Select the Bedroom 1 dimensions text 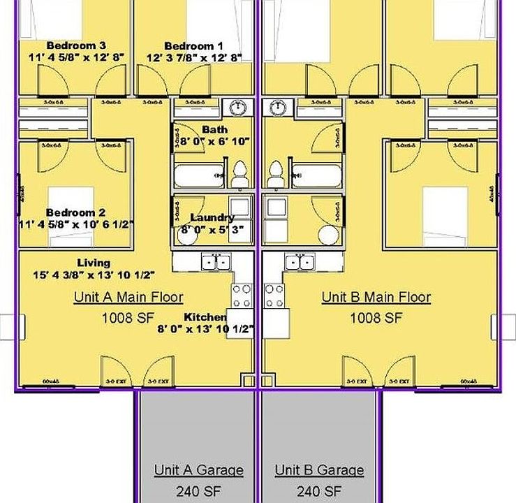coord(193,58)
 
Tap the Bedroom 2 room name coord(75,212)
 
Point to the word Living coord(94,263)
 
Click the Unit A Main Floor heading coord(128,297)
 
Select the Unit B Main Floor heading coord(376,297)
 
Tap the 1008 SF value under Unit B coord(376,318)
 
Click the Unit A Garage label coord(198,469)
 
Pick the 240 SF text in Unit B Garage coord(319,490)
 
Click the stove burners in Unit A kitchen coord(242,296)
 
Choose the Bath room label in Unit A coord(214,129)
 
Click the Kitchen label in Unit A coord(205,316)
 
